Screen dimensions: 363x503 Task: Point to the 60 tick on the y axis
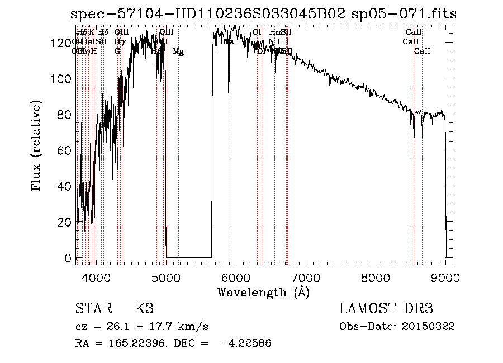pos(65,150)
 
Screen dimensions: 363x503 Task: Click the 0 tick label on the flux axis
pos(68,258)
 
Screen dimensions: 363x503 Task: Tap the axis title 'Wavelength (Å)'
pos(263,292)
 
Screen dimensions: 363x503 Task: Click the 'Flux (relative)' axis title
pos(37,147)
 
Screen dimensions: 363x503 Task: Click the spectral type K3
pos(144,309)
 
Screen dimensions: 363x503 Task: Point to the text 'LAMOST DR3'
pos(386,309)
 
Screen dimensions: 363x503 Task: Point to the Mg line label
pos(178,51)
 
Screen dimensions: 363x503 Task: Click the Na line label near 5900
pos(228,41)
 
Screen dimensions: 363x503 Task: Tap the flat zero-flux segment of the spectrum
pos(189,257)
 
